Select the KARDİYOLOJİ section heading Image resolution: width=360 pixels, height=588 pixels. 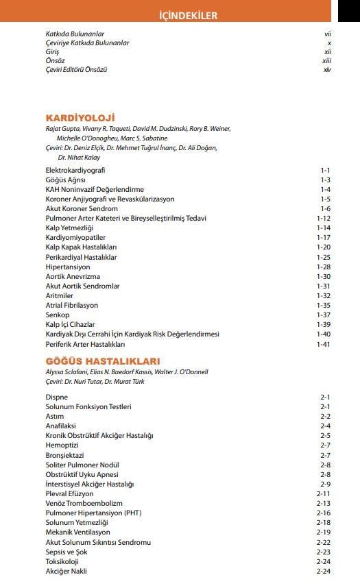[80, 117]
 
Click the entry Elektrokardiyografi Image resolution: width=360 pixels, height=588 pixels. [75, 170]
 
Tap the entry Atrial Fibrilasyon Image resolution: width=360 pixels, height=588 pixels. [71, 305]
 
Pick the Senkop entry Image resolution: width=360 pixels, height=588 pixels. [57, 315]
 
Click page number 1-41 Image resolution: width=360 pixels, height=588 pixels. [324, 344]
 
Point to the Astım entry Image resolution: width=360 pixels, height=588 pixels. [55, 416]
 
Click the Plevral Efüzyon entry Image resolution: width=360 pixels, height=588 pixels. [69, 493]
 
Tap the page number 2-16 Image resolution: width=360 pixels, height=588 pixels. [324, 513]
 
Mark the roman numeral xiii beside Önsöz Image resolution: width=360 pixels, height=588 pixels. [326, 61]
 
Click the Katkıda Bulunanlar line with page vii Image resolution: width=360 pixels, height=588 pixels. [75, 34]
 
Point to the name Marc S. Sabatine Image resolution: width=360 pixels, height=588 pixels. [143, 138]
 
